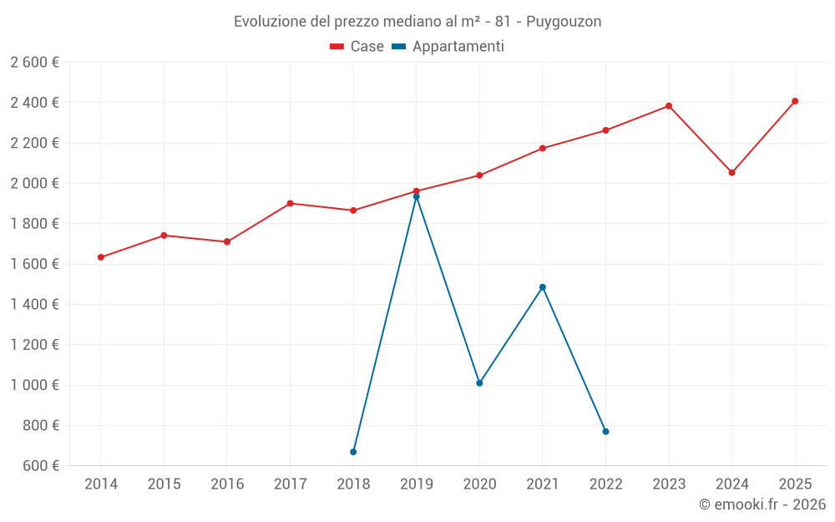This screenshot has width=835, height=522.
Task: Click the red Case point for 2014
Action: click(101, 257)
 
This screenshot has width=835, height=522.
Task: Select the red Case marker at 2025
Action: click(795, 101)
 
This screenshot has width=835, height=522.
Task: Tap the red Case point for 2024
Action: click(731, 173)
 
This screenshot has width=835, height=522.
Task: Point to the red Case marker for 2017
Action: click(290, 203)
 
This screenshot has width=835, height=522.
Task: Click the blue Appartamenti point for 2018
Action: click(353, 452)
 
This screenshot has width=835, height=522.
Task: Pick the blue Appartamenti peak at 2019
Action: click(417, 196)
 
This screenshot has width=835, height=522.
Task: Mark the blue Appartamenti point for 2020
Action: click(479, 383)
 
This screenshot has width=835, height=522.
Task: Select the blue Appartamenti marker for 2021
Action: click(543, 287)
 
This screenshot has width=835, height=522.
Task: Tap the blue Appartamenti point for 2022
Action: click(605, 432)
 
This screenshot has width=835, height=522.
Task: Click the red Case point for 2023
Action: click(669, 106)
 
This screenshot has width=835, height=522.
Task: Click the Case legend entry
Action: click(357, 47)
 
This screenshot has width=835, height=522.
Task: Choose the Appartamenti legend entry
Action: click(448, 47)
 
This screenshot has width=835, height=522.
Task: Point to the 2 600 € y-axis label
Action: click(34, 63)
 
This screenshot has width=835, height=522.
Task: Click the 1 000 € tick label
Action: click(34, 385)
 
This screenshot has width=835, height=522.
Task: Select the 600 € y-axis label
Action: click(39, 466)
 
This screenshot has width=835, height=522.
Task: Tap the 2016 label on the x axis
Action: click(227, 484)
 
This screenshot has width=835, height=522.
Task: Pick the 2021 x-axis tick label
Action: click(543, 484)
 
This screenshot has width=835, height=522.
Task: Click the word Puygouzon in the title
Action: click(564, 22)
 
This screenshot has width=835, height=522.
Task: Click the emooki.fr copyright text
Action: click(762, 504)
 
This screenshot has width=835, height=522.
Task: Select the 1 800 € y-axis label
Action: click(34, 224)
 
